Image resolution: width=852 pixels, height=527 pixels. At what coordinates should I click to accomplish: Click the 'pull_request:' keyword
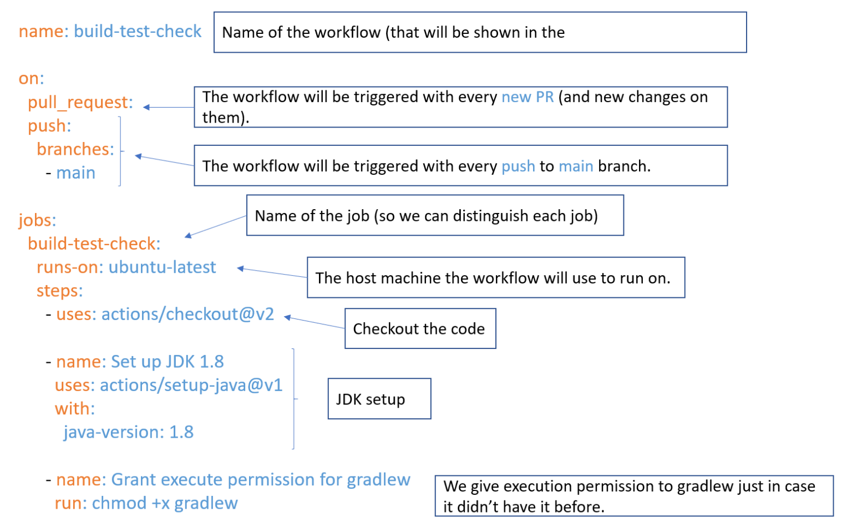click(80, 103)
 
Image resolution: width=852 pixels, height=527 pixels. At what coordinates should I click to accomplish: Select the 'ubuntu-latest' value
click(162, 267)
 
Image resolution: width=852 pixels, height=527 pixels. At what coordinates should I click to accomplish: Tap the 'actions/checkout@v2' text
click(187, 315)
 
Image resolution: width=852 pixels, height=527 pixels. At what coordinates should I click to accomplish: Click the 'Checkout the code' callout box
click(420, 329)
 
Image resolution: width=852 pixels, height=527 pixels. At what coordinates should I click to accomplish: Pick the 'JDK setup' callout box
click(379, 399)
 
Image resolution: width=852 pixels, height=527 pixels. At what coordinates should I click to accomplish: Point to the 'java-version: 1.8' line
click(128, 432)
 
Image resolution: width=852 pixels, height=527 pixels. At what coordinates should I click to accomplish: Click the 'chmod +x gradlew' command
click(165, 503)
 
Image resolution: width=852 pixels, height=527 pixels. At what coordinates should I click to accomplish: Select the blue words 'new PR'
click(528, 97)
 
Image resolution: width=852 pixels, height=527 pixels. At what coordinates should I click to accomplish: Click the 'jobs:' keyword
click(37, 220)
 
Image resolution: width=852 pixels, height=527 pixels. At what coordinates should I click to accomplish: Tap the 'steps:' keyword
click(59, 291)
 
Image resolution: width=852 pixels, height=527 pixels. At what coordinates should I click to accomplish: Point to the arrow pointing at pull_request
click(168, 107)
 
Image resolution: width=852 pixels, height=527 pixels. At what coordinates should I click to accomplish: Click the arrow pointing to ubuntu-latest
click(272, 272)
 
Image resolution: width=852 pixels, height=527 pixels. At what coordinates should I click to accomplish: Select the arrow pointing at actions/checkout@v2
click(314, 322)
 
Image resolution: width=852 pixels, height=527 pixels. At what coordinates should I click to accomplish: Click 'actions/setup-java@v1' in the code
click(191, 385)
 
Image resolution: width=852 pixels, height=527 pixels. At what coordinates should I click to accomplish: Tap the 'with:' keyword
click(74, 409)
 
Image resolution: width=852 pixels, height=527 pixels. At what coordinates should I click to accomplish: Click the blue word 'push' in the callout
click(518, 166)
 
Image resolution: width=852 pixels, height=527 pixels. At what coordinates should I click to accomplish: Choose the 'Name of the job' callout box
click(435, 215)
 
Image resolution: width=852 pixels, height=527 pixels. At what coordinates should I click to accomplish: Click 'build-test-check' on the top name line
click(138, 32)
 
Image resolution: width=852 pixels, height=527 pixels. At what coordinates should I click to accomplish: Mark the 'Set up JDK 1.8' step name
click(168, 362)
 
